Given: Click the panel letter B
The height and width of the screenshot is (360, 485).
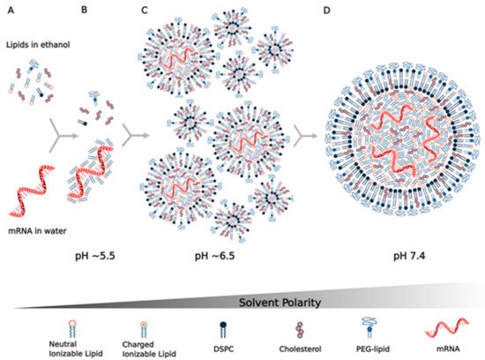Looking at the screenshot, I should pos(84,11).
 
